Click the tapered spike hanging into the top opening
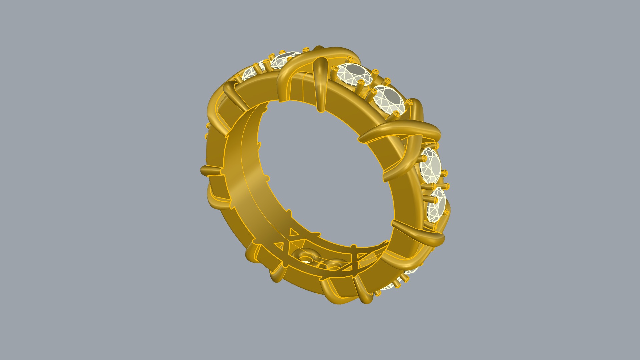(x=321, y=83)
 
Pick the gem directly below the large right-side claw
(x=430, y=165)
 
